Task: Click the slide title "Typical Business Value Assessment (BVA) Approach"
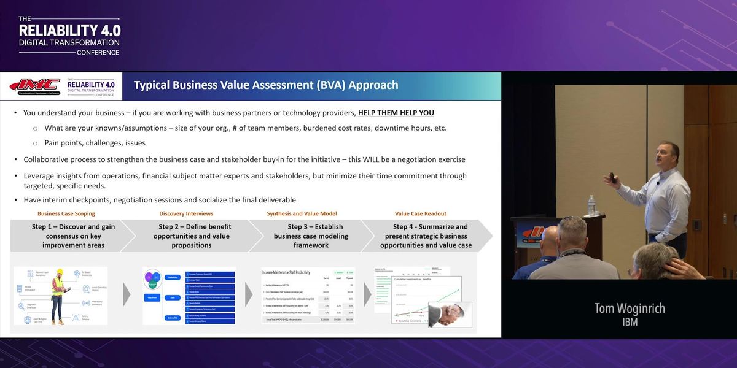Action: [x=266, y=85]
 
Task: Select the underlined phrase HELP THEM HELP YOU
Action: [x=396, y=113]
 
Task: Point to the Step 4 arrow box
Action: [x=426, y=236]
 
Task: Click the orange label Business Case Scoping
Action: [x=66, y=213]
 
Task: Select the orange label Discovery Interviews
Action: [x=186, y=213]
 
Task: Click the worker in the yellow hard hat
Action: [x=57, y=294]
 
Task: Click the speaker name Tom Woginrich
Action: [x=629, y=309]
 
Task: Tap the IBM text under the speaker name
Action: [x=630, y=323]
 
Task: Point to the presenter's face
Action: [x=668, y=157]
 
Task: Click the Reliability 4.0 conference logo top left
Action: [x=69, y=36]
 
